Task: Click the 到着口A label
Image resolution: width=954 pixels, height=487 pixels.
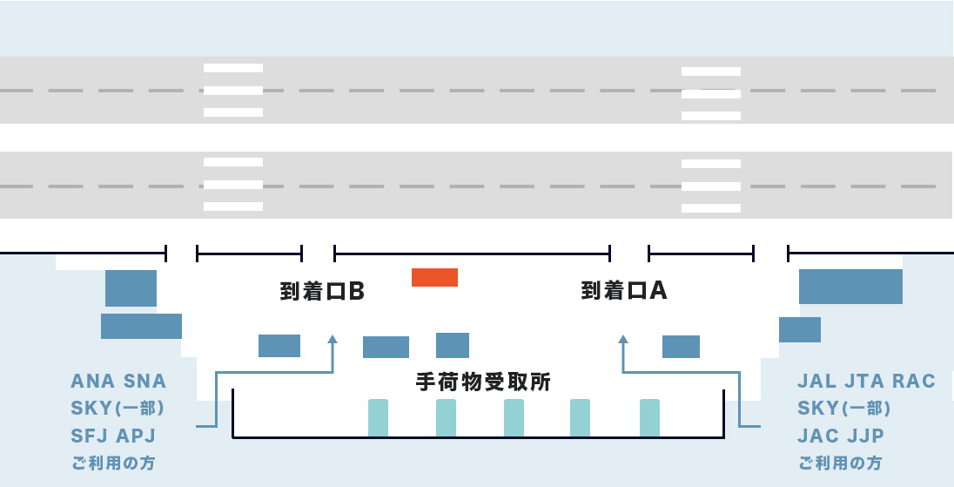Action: [623, 291]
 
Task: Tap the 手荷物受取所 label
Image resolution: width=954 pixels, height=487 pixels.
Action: [483, 382]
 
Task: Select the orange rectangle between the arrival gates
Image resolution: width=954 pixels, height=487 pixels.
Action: [434, 277]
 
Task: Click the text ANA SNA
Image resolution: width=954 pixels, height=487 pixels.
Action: [118, 382]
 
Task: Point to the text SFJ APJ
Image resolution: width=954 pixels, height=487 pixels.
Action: [113, 436]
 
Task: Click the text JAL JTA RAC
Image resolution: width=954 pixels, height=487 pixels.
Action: [866, 382]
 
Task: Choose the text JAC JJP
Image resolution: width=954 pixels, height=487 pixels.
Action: [841, 436]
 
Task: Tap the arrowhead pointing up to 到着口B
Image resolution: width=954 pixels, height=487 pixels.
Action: [332, 339]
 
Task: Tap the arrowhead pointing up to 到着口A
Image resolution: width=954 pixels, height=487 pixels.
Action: [622, 339]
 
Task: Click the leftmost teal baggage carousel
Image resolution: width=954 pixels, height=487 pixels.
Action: [378, 418]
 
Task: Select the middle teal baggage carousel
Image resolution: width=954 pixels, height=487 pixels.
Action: [514, 418]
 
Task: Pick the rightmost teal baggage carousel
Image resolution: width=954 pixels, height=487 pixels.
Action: [649, 418]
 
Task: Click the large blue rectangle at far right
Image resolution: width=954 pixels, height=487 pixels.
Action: [850, 287]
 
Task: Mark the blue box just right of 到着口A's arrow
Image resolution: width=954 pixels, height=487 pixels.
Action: [681, 347]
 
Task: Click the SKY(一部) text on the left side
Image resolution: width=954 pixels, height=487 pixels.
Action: [118, 409]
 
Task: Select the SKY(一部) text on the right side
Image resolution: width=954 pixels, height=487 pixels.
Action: [843, 409]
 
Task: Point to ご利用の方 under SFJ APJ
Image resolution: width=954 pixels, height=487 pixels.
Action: [113, 463]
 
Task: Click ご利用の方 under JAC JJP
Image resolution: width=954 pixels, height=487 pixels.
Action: [839, 463]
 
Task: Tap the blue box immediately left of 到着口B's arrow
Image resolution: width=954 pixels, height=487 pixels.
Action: [279, 346]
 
